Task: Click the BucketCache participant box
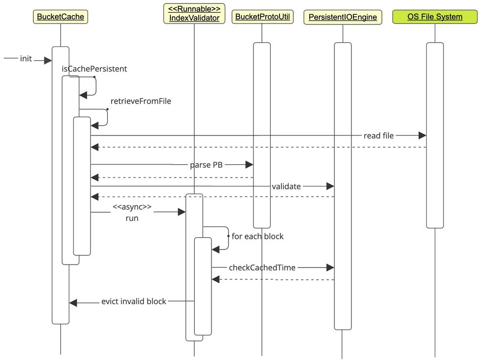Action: [61, 17]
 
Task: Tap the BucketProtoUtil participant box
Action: [262, 17]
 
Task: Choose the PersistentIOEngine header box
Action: [343, 17]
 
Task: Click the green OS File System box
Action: [435, 17]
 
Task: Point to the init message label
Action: [26, 59]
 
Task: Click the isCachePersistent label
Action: [94, 69]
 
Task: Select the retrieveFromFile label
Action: [141, 102]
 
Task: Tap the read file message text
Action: [378, 135]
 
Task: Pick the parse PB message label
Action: [206, 165]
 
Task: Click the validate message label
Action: [286, 186]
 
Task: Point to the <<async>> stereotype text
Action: [132, 207]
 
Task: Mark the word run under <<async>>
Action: [132, 218]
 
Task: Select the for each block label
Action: [257, 236]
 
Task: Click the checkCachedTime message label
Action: [262, 268]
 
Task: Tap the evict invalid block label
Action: [134, 301]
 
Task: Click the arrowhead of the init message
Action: [48, 60]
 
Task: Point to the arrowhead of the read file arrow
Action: [422, 135]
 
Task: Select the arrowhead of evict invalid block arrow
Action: [73, 303]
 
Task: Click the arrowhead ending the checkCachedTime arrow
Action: [330, 268]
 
